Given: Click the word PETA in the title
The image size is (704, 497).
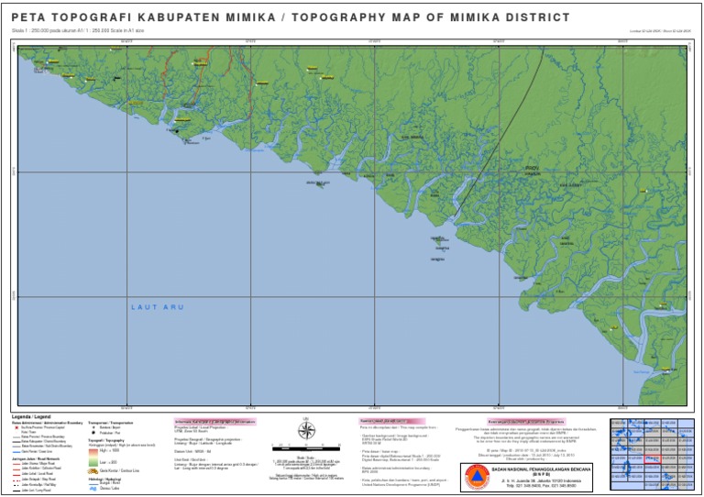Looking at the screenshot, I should [30, 17].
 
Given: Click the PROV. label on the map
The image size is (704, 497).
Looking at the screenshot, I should [532, 169].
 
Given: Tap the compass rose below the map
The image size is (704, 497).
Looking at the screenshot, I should [307, 430].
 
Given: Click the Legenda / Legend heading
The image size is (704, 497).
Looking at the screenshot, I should [32, 416].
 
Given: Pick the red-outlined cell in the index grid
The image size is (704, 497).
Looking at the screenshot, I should [653, 458].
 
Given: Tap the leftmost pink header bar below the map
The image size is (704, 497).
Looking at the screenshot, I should [214, 422].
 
